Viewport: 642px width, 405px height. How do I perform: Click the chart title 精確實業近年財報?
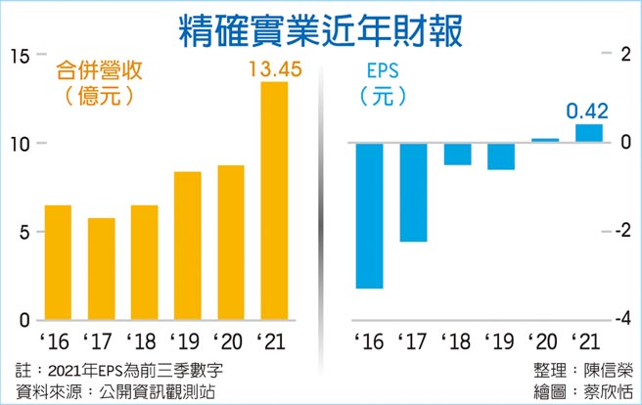coord(321,28)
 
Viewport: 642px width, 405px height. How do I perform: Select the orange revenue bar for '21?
coord(274,201)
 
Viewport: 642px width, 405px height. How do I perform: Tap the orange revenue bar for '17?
coord(102,269)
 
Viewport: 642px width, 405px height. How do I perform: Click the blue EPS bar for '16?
coord(369,215)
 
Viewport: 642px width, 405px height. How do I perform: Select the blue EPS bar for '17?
coord(413,192)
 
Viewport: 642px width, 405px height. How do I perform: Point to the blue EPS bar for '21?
coord(588,133)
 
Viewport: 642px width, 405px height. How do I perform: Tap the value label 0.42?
coord(587,111)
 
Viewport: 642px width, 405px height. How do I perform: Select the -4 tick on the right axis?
coord(619,320)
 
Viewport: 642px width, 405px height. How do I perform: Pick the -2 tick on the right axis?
coord(619,231)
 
